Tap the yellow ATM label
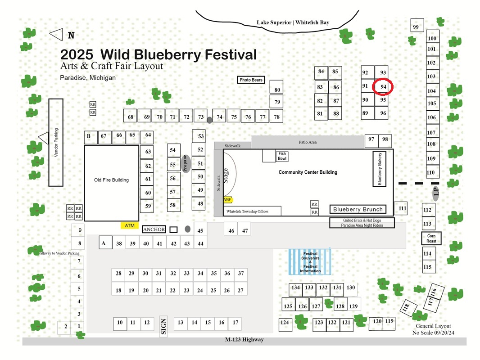pyautogui.click(x=130, y=226)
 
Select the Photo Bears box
pyautogui.click(x=251, y=80)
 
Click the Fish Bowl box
pyautogui.click(x=282, y=156)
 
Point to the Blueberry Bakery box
pyautogui.click(x=379, y=169)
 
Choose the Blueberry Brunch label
pyautogui.click(x=358, y=209)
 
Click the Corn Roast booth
pyautogui.click(x=431, y=238)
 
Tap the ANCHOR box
pyautogui.click(x=154, y=229)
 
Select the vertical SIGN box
pyautogui.click(x=163, y=326)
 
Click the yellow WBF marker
pyautogui.click(x=227, y=200)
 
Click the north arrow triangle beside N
pyautogui.click(x=56, y=35)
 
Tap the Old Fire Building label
pyautogui.click(x=111, y=180)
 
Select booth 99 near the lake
pyautogui.click(x=417, y=25)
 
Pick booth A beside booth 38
pyautogui.click(x=105, y=243)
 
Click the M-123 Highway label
pyautogui.click(x=245, y=339)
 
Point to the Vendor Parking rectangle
pyautogui.click(x=56, y=142)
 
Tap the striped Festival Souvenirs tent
pyautogui.click(x=310, y=262)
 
